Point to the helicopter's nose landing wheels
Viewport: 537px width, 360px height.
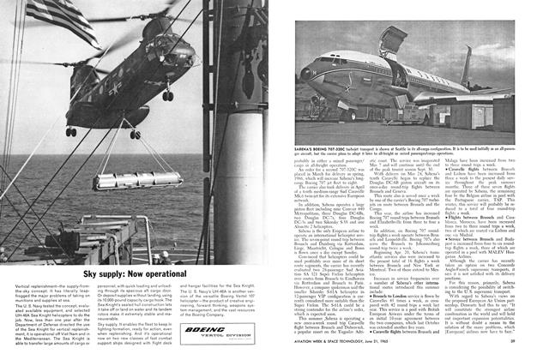pos(70,131)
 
